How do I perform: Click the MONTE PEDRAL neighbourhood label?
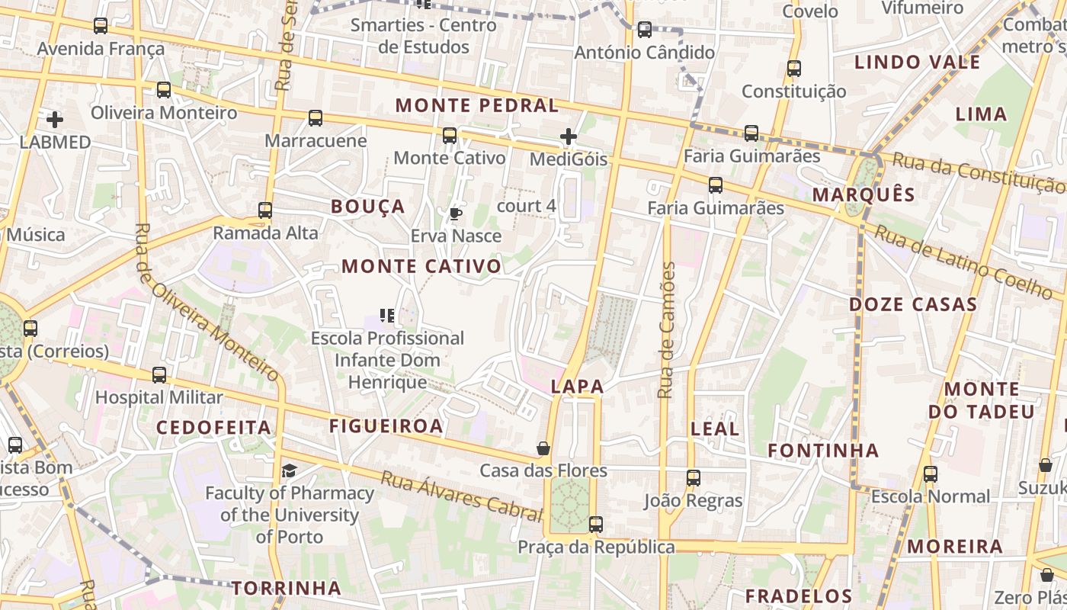coord(477,106)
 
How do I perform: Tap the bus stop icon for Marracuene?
coord(316,118)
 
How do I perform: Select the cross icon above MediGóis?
coord(569,137)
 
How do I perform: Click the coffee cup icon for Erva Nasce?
coord(456,213)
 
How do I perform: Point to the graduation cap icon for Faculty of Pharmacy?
coord(289,470)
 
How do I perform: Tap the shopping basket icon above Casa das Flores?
coord(543,448)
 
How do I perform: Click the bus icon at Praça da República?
coord(596,525)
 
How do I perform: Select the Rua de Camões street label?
coord(667,330)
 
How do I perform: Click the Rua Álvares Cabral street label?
coord(460,496)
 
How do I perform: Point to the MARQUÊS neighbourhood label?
coord(864,194)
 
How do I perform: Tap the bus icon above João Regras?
coord(693,478)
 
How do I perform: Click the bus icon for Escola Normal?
coord(931,474)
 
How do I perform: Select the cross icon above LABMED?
coord(55,120)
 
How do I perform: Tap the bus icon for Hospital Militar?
coord(159,375)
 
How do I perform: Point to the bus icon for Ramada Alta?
coord(265,210)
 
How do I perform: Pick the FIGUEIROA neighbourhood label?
coord(386,426)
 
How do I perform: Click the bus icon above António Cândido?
coord(645,30)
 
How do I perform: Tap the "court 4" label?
coord(526,206)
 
